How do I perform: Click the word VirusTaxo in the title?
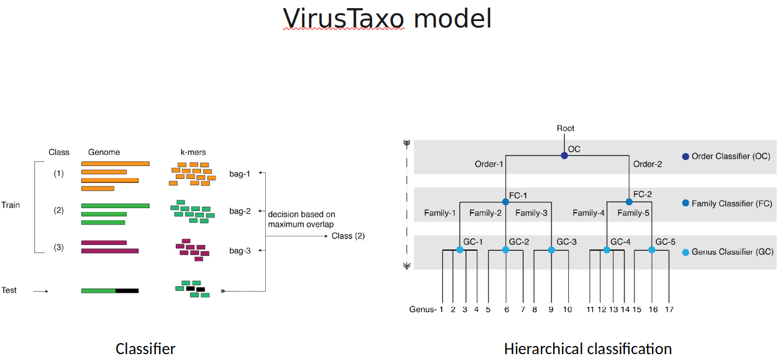click(x=343, y=18)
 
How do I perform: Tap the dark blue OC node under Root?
click(x=564, y=155)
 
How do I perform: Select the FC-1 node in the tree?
click(x=505, y=202)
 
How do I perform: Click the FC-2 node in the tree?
click(x=629, y=202)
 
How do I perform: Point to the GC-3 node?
click(x=551, y=250)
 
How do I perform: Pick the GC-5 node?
click(x=652, y=250)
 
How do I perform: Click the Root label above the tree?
click(x=565, y=128)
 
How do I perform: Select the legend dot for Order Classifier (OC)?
click(x=686, y=156)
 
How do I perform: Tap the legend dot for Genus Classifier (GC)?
click(x=686, y=252)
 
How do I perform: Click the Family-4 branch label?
click(x=588, y=213)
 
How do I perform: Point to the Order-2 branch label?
click(x=648, y=164)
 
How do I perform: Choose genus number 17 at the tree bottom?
click(x=669, y=309)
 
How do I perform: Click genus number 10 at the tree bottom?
click(x=567, y=309)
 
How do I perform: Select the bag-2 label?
click(x=239, y=211)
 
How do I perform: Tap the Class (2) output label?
click(x=348, y=236)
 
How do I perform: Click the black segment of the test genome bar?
click(x=127, y=290)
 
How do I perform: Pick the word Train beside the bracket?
click(x=11, y=205)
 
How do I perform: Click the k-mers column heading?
click(x=193, y=152)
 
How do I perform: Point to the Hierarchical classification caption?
click(x=588, y=349)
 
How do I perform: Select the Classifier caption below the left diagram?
click(x=145, y=349)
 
